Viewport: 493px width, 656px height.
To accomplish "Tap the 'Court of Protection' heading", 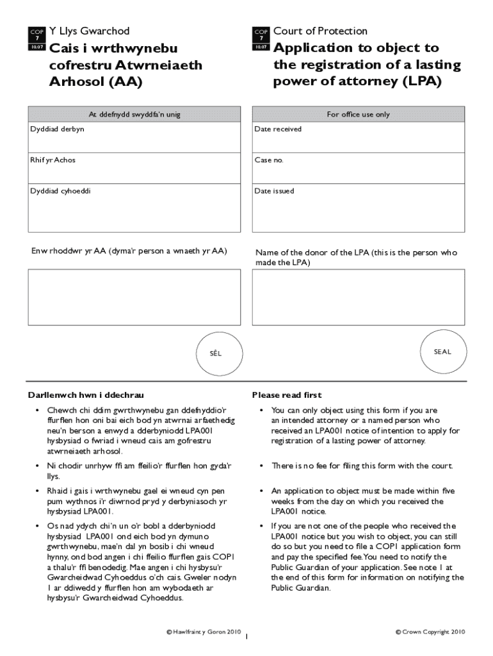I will coord(320,31).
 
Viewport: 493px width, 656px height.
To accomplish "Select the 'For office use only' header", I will coord(358,115).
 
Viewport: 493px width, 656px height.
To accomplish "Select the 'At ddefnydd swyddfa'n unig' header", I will coord(134,115).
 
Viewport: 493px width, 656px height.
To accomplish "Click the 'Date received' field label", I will coord(278,129).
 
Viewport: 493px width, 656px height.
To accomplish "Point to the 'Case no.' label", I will coord(268,160).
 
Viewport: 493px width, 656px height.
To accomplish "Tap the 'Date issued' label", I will coord(274,191).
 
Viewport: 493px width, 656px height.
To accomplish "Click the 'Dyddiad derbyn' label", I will coord(57,129).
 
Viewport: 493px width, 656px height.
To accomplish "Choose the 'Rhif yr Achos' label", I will coord(53,160).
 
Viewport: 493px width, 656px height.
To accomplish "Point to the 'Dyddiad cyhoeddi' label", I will coord(60,191).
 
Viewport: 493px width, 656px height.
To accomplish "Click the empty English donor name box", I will coord(358,297).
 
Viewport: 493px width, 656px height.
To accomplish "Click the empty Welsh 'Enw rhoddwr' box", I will coord(134,297).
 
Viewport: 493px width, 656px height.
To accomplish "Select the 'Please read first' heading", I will coord(287,395).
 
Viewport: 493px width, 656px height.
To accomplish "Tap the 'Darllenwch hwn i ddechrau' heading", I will coord(81,395).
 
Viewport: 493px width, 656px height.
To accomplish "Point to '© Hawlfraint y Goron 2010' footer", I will coord(204,632).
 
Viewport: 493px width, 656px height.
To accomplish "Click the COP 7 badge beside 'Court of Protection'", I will coord(261,39).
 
